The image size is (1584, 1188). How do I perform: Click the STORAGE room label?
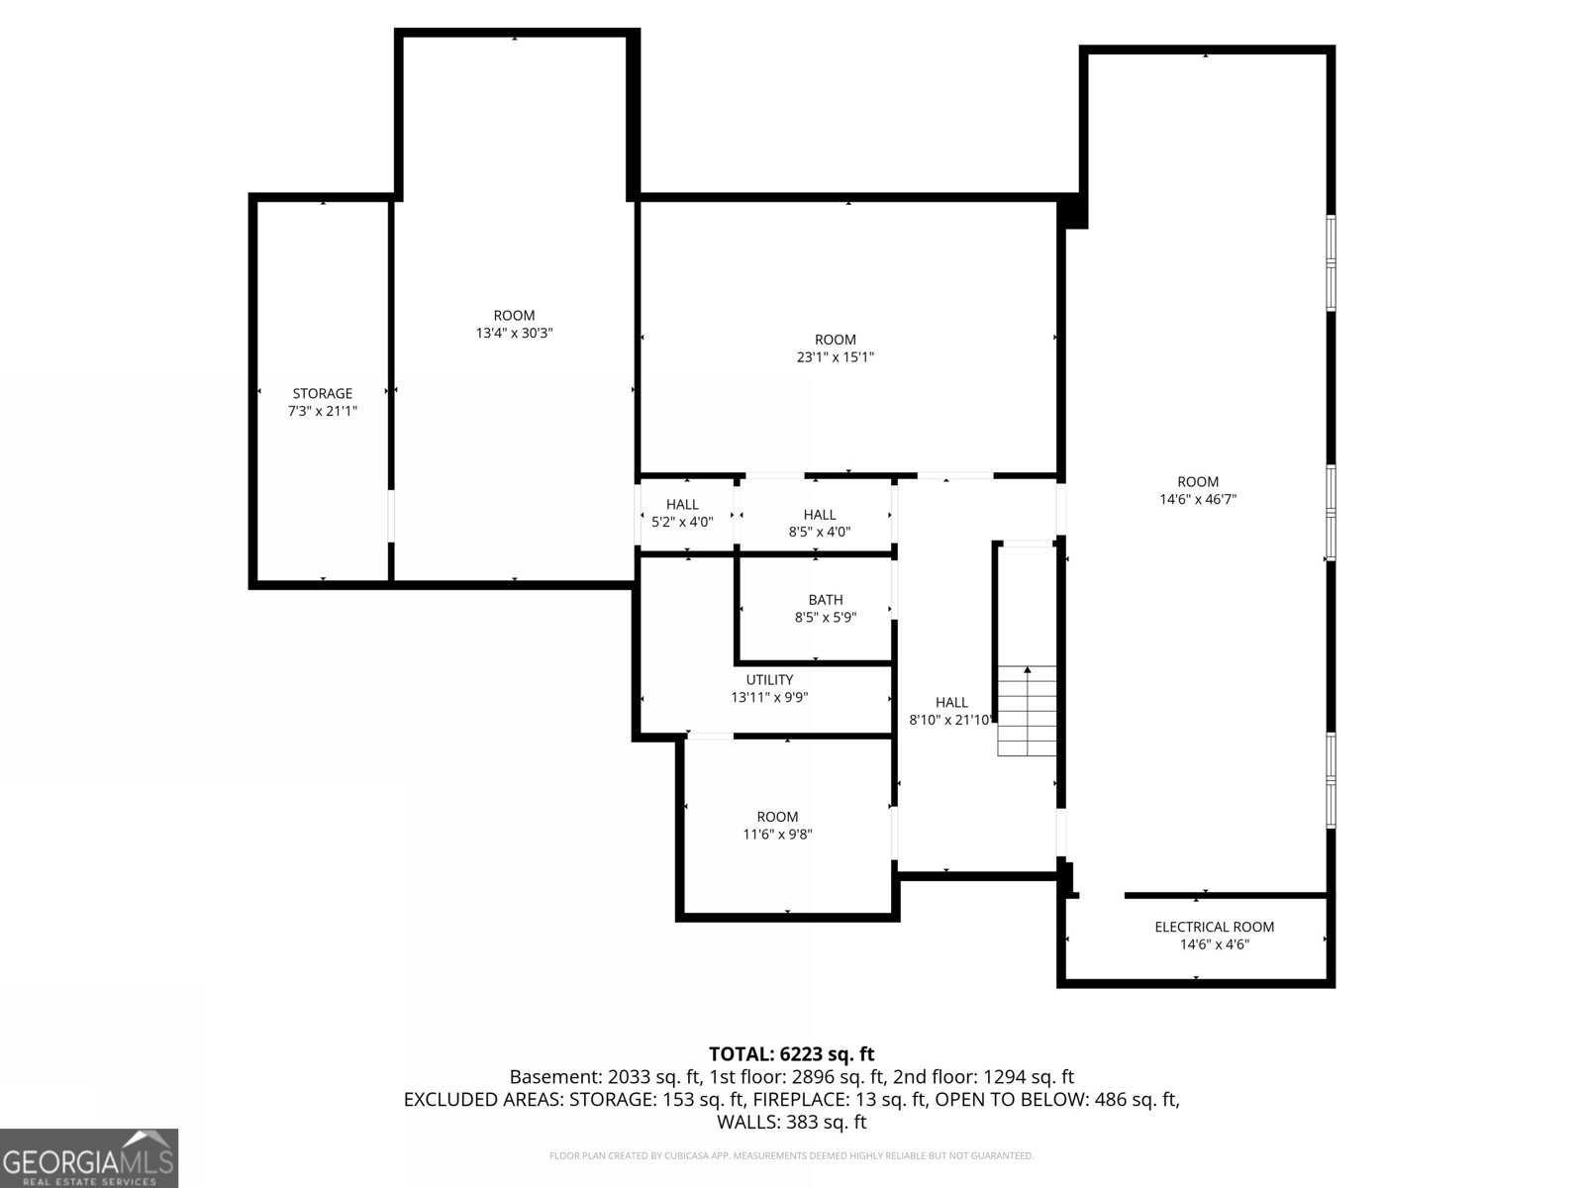point(323,393)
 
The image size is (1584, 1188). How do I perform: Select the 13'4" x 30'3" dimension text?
point(514,333)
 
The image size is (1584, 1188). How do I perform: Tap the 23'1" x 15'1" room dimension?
point(835,356)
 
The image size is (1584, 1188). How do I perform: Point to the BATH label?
point(825,599)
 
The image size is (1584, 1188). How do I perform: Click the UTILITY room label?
point(769,679)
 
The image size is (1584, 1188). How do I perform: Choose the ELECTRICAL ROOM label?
point(1214,927)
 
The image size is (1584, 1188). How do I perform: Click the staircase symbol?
point(1027,711)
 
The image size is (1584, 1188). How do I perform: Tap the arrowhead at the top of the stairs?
point(1027,670)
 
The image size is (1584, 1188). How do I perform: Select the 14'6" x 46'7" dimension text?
point(1198,498)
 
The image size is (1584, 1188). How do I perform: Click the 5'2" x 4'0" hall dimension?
point(682,522)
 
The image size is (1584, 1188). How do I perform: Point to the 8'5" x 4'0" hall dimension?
point(819,532)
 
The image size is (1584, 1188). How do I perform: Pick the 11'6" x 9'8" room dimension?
point(777,834)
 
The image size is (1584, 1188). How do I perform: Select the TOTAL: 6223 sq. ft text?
point(791,1053)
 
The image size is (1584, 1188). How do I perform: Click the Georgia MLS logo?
point(89,1157)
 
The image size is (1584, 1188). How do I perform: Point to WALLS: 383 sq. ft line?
point(791,1122)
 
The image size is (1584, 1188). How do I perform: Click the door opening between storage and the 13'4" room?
point(391,516)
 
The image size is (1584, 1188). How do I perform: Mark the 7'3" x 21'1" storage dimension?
point(323,411)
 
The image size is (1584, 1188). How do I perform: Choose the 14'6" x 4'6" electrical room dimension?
point(1214,944)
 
